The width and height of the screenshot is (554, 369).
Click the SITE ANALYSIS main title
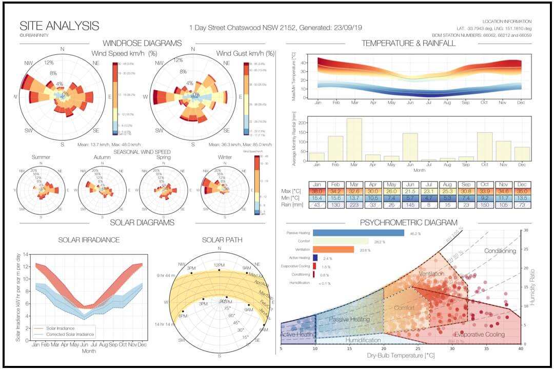coord(59,26)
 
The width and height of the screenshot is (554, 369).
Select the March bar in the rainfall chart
coord(354,139)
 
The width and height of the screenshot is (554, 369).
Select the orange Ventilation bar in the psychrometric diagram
coord(333,250)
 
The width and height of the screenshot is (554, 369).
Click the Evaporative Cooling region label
coord(480,334)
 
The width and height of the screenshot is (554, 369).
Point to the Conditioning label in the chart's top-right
coord(500,251)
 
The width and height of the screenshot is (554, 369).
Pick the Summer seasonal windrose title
coord(41,157)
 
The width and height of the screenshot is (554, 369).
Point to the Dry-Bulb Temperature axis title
coord(401,354)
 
